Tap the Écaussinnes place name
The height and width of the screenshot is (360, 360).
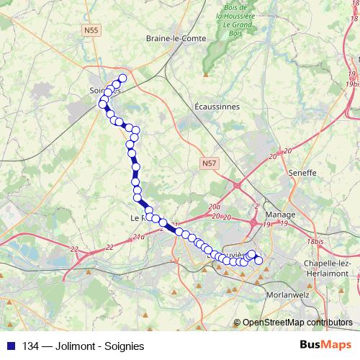click(217, 106)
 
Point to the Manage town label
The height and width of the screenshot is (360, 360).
click(280, 215)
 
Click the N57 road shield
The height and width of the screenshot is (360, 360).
click(209, 164)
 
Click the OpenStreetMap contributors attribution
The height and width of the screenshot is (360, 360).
click(297, 322)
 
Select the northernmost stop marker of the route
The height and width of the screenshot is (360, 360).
click(122, 78)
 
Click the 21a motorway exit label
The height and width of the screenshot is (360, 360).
click(140, 235)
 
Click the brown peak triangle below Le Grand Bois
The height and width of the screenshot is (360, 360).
click(206, 73)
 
